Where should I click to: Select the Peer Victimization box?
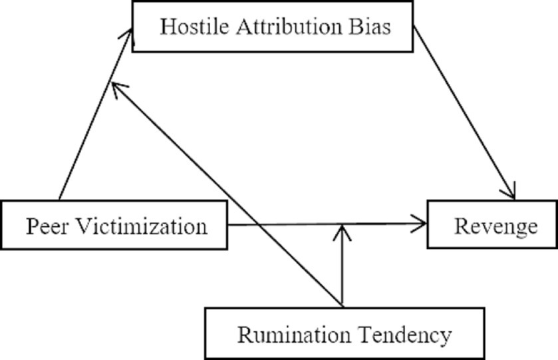(x=114, y=226)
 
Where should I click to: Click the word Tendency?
(x=406, y=335)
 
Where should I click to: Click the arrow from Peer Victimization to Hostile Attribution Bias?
(x=93, y=120)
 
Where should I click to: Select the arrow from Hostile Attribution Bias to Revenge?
(x=466, y=113)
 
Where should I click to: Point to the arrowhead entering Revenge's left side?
(x=419, y=225)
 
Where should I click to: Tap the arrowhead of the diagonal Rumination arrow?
(x=117, y=86)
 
